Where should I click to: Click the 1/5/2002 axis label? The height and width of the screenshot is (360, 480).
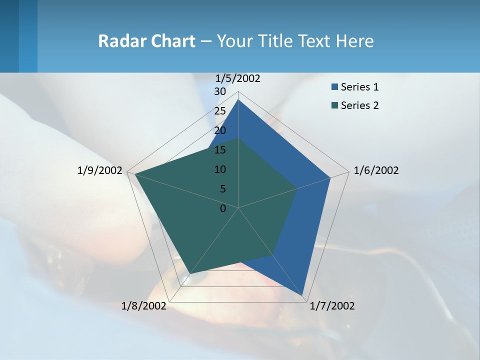coord(237,78)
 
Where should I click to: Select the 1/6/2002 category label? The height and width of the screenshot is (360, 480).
coord(376,170)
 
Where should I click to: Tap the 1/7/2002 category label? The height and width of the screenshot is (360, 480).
coord(332,306)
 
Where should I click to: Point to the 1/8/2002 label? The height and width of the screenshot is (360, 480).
coord(144,306)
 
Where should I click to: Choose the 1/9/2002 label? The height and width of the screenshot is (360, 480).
coord(99,170)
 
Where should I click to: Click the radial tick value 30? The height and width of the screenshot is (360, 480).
coord(220,91)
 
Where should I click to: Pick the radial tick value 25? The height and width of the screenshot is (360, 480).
coord(220,111)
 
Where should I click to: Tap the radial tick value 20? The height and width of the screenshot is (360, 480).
coord(220,130)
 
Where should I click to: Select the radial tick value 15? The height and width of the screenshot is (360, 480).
coord(220,150)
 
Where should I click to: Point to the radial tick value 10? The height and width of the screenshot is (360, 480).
coord(220,169)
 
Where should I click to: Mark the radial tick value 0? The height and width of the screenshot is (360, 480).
coord(223,208)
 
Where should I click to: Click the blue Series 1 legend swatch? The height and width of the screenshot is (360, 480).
coord(334,87)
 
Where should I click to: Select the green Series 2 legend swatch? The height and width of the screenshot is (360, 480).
coord(334,105)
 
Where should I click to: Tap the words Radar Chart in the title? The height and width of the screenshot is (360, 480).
coord(146,41)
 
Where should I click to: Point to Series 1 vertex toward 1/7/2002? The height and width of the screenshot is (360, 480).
coord(302,295)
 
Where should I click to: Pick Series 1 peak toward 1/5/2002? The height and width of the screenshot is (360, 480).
coord(238,100)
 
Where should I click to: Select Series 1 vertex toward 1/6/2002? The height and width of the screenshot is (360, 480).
coord(330,177)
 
